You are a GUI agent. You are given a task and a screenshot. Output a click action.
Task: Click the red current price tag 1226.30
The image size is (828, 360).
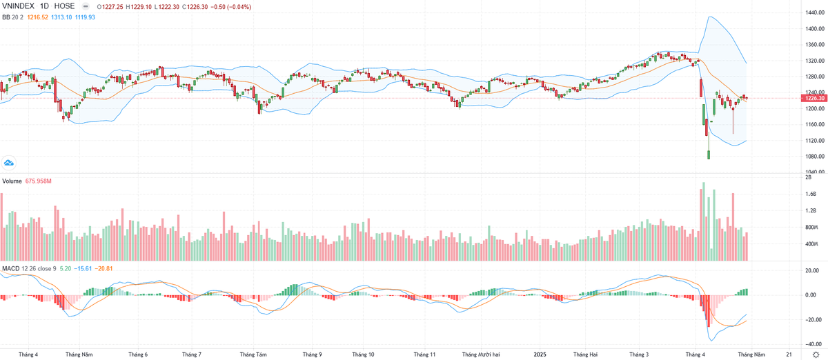point(813,98)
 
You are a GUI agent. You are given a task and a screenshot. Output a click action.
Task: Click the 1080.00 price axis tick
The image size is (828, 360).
point(812,156)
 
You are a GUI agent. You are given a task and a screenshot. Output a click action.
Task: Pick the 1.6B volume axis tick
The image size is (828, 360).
point(811,194)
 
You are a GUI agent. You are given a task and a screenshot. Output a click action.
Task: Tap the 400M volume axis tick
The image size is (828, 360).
point(811,244)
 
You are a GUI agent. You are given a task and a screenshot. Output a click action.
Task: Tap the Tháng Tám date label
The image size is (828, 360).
point(253,354)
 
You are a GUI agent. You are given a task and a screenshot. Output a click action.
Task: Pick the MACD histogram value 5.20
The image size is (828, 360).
point(66,268)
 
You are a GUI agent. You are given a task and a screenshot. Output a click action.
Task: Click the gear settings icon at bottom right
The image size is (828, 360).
point(816,354)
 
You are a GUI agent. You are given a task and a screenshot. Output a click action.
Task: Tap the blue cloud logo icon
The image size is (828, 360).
point(10,163)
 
